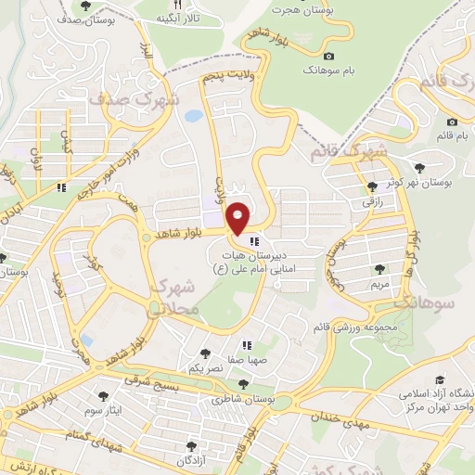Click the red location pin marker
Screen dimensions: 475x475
click(239, 218)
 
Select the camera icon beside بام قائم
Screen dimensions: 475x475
click(452, 122)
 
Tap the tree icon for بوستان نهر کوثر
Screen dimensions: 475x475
click(420, 167)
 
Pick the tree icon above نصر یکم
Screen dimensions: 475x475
click(205, 353)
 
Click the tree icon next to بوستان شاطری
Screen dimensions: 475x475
click(243, 383)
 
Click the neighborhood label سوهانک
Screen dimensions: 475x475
click(422, 303)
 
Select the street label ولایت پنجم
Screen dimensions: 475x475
click(228, 77)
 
